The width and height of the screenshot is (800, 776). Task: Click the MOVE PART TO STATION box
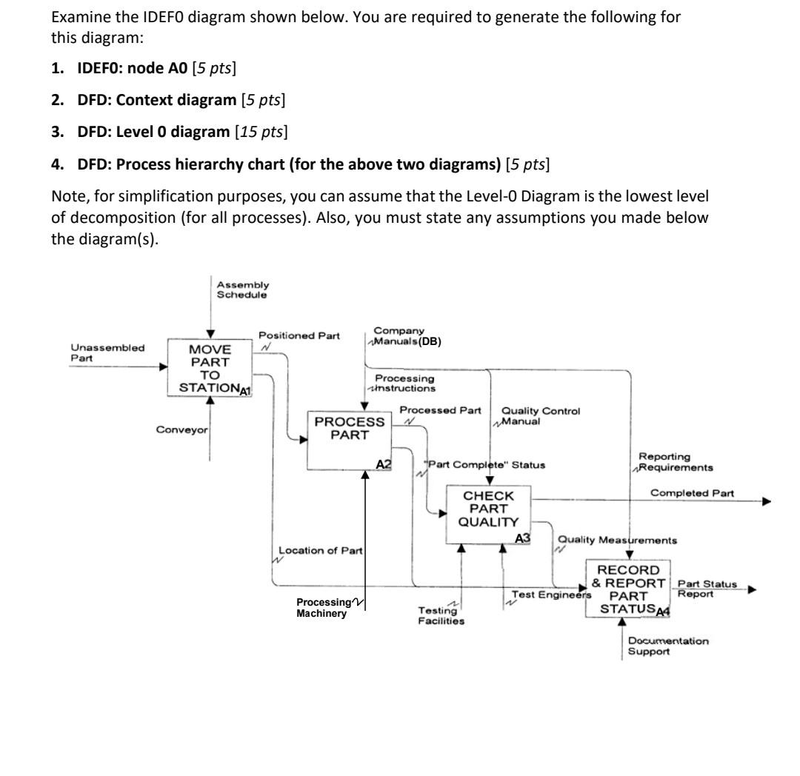210,367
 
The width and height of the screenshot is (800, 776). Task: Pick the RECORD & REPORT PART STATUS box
628,589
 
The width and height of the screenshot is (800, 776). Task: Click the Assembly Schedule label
243,290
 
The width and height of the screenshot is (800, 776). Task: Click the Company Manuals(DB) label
407,337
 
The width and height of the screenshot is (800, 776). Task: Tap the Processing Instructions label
404,383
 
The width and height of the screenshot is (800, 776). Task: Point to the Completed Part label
692,492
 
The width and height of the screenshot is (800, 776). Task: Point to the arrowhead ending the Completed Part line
766,501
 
